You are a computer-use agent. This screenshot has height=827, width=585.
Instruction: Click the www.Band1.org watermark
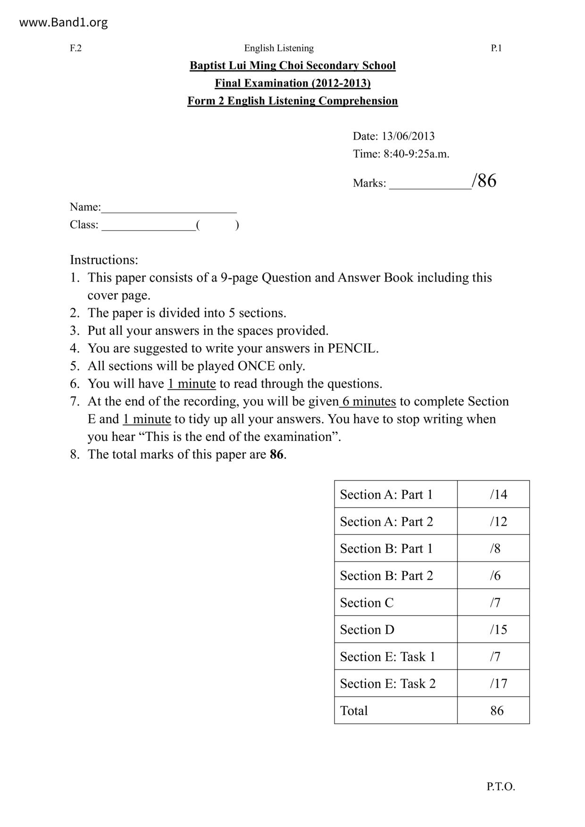(63, 22)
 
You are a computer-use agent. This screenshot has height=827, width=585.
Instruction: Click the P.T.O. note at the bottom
(501, 786)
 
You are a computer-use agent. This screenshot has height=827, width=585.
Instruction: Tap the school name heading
(292, 66)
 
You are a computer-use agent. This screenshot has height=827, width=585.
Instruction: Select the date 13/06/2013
(408, 136)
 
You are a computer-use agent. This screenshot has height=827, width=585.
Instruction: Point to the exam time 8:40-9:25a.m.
(416, 154)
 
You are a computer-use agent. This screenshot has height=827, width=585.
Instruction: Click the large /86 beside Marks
(484, 181)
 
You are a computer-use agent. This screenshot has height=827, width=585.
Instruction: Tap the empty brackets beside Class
(217, 225)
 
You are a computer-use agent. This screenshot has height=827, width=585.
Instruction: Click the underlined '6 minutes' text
(368, 401)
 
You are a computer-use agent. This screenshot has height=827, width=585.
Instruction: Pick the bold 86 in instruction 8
(276, 455)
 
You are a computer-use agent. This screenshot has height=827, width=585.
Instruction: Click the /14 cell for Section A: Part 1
(498, 494)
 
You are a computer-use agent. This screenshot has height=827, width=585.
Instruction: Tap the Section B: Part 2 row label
(386, 575)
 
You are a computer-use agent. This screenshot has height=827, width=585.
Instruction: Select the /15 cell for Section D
(498, 629)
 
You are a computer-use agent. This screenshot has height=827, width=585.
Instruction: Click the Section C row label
(367, 603)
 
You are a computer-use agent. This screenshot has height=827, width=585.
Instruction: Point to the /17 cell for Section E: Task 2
(498, 684)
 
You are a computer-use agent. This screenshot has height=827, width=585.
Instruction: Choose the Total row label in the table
(354, 711)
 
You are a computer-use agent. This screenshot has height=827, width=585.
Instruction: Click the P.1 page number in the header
(496, 48)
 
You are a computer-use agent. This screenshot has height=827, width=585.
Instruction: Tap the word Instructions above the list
(104, 260)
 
